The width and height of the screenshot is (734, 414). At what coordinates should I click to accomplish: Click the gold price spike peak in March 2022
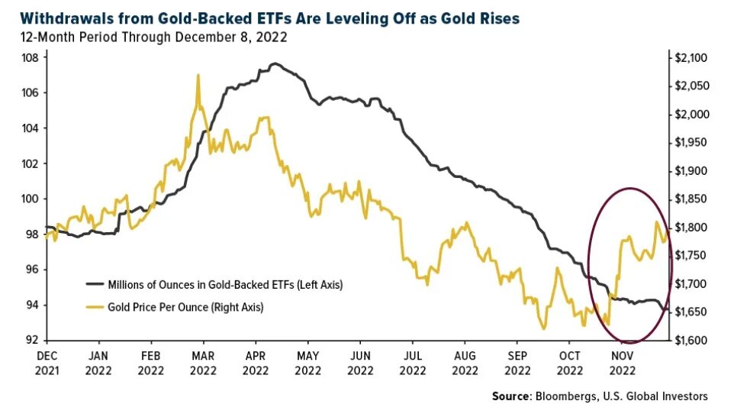pyautogui.click(x=198, y=75)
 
